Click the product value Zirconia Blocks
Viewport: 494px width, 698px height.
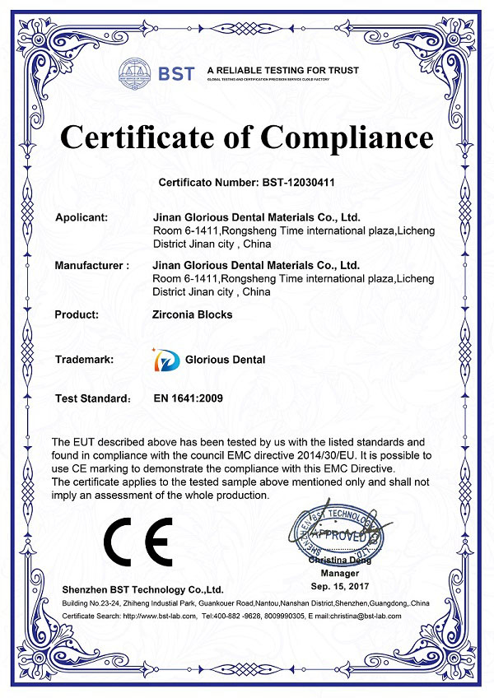click(x=193, y=314)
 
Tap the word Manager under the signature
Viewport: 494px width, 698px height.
click(x=340, y=573)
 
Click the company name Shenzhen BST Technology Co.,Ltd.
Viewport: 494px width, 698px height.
click(x=142, y=590)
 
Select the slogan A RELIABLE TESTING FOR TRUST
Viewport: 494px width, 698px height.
click(x=282, y=70)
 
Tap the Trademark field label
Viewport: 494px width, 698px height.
click(x=84, y=360)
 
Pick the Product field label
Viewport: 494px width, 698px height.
click(x=77, y=314)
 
